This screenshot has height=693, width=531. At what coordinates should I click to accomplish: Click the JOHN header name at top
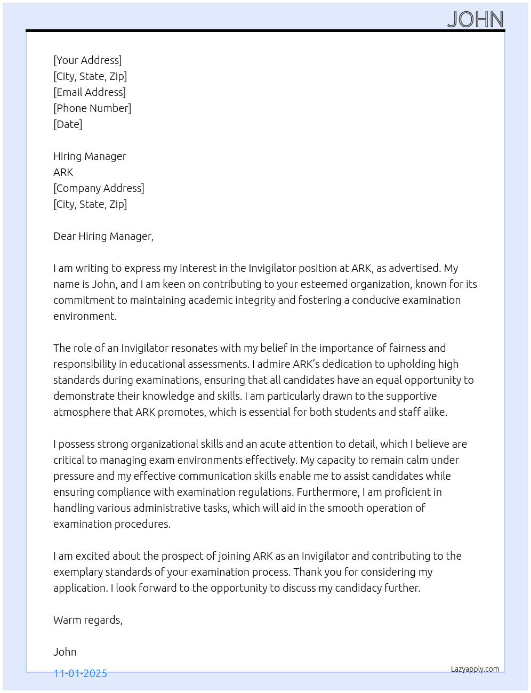476,20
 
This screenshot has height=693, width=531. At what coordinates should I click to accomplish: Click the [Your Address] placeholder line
87,60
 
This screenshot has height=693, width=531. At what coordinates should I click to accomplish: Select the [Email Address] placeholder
90,92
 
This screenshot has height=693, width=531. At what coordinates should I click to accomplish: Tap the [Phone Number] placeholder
92,108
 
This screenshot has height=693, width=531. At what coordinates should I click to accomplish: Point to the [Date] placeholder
68,124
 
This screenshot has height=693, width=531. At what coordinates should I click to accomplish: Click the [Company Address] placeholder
99,188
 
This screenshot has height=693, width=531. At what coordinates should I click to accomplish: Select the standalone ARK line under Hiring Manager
63,172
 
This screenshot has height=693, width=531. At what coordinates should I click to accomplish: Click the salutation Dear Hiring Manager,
103,236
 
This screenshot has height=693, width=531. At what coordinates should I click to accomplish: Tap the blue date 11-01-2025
80,673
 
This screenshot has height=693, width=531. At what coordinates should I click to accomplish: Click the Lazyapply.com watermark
475,669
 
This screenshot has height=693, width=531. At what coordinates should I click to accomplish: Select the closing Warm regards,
88,620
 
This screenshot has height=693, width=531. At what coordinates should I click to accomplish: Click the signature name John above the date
65,652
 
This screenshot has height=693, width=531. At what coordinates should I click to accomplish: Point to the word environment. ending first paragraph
85,316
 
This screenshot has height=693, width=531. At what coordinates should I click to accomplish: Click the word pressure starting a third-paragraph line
74,476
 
